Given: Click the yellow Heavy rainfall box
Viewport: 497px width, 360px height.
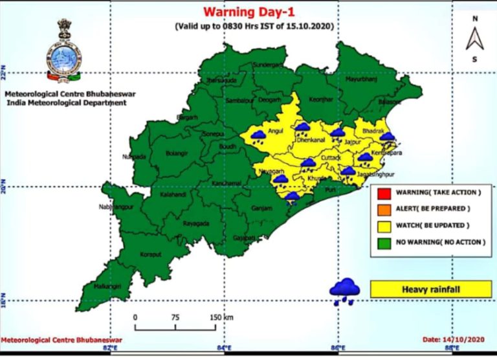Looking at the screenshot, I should [426, 289].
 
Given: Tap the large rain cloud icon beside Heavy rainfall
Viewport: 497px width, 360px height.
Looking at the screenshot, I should [345, 290].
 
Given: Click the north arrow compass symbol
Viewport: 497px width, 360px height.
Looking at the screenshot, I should [475, 39].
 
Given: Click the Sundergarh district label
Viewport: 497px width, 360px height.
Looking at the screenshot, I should [267, 65].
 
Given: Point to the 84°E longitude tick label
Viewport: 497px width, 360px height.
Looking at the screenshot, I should [224, 350].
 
